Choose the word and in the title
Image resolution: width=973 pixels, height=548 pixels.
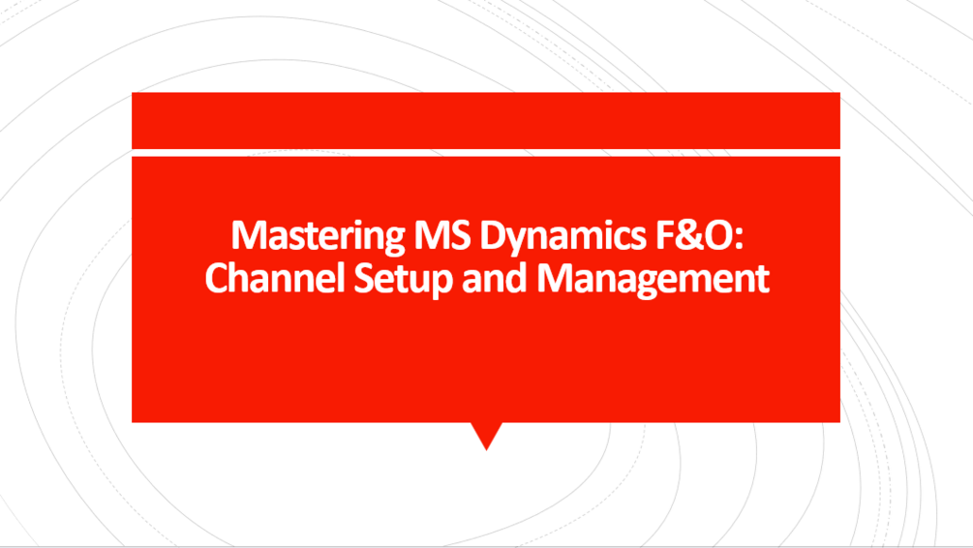point(482,279)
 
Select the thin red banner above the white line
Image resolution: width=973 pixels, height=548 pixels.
point(485,120)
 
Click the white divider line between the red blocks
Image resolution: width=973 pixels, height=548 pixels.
point(485,152)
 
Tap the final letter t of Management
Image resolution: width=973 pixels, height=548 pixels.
point(763,280)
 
